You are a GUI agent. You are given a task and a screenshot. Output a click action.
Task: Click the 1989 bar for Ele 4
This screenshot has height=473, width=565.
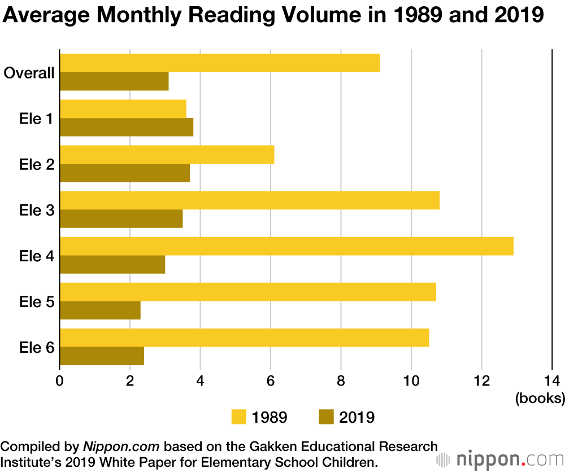point(286,246)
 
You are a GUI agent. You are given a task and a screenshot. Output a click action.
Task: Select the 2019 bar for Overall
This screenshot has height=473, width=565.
point(114,82)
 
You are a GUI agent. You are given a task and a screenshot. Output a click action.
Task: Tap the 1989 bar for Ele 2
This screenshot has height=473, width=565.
point(167,155)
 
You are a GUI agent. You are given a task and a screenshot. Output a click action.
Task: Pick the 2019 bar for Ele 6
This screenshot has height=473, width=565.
point(102,356)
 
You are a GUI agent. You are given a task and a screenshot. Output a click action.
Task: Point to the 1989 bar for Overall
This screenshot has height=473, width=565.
point(219,63)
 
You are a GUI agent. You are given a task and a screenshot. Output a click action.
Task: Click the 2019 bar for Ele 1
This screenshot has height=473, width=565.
point(127,128)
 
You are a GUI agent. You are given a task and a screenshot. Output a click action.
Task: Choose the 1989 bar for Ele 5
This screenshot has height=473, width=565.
point(247,292)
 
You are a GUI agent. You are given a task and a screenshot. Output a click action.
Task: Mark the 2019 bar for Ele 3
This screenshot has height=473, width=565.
point(121,219)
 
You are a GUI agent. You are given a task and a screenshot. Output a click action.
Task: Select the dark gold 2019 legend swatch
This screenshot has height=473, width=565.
point(327,417)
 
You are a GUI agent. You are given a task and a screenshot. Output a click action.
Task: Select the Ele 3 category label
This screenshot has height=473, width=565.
point(37,211)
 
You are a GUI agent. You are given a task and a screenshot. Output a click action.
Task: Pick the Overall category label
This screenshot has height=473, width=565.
point(29,73)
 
